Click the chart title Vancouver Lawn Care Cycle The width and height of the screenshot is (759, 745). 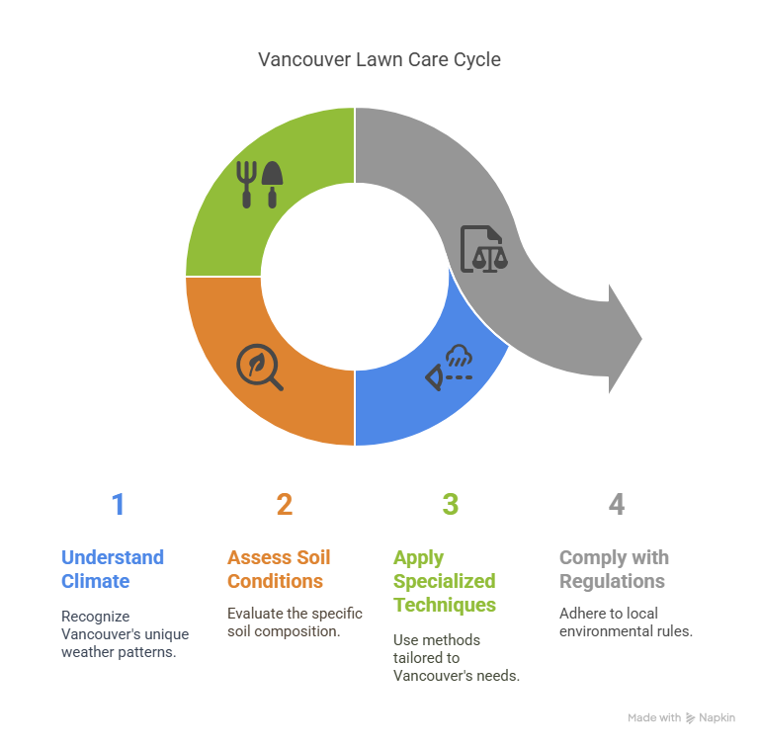[379, 59]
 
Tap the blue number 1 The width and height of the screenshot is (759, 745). [119, 504]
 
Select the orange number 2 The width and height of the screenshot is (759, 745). [285, 504]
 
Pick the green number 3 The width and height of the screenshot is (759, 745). [451, 504]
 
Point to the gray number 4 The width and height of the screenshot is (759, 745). [617, 504]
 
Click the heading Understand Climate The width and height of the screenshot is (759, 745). [113, 569]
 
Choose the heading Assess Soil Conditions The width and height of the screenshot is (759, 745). [279, 569]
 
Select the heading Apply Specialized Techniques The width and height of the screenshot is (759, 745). [445, 581]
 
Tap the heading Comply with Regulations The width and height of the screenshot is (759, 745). [614, 569]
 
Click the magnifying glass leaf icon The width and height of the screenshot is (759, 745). [260, 367]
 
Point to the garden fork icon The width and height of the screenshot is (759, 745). [246, 185]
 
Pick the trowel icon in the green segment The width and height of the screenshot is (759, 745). [272, 185]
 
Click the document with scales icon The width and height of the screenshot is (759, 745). [483, 249]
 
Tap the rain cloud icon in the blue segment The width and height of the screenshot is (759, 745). [459, 356]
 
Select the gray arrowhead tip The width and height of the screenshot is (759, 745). [641, 339]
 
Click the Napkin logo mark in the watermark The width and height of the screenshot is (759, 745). [690, 718]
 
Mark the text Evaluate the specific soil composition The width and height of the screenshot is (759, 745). [295, 622]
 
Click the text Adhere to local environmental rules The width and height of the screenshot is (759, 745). [626, 622]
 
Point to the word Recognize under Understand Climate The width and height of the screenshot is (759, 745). [95, 617]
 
